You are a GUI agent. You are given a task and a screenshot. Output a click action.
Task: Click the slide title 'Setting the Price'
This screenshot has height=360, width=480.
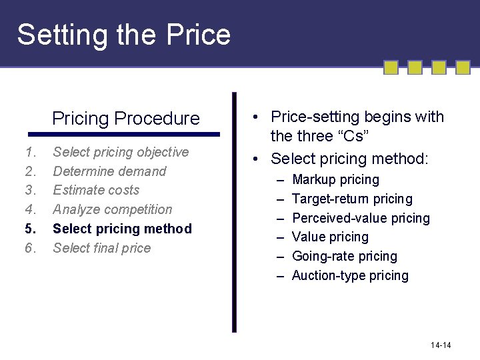pyautogui.click(x=124, y=35)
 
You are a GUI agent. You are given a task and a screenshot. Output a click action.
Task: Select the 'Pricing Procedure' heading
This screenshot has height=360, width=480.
pyautogui.click(x=126, y=119)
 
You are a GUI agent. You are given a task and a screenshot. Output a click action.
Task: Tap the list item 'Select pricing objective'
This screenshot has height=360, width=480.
pyautogui.click(x=121, y=152)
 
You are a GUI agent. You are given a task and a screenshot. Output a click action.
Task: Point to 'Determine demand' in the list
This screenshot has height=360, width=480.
pyautogui.click(x=109, y=171)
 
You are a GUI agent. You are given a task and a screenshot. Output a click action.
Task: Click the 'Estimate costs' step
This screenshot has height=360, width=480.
pyautogui.click(x=96, y=190)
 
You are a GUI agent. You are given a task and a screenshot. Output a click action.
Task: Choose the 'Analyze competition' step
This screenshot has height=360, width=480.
pyautogui.click(x=112, y=209)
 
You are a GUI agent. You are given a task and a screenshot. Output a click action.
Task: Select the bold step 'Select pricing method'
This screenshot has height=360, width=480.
pyautogui.click(x=122, y=229)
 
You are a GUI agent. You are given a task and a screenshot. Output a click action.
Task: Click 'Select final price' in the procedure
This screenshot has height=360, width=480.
pyautogui.click(x=101, y=248)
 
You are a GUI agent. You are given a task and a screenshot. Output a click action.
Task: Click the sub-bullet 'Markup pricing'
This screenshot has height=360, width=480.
pyautogui.click(x=335, y=180)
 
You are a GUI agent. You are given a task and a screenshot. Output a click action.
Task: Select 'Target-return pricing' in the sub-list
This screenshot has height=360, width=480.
pyautogui.click(x=352, y=199)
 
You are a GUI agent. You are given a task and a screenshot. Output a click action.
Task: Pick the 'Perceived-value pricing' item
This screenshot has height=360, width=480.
pyautogui.click(x=361, y=218)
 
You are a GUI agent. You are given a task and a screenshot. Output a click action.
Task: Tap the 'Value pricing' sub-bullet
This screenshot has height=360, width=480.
pyautogui.click(x=330, y=237)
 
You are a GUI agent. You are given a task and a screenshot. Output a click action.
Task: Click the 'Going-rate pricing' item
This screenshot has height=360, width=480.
pyautogui.click(x=344, y=257)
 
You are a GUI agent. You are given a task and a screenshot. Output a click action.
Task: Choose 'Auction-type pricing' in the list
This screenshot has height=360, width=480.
pyautogui.click(x=350, y=275)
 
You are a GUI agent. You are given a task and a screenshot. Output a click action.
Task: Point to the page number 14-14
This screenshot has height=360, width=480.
pyautogui.click(x=441, y=345)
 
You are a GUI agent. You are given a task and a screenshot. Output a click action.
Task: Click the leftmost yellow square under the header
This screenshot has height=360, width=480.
pyautogui.click(x=391, y=67)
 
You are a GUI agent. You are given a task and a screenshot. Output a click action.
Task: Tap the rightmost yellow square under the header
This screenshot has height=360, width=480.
pyautogui.click(x=463, y=67)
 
